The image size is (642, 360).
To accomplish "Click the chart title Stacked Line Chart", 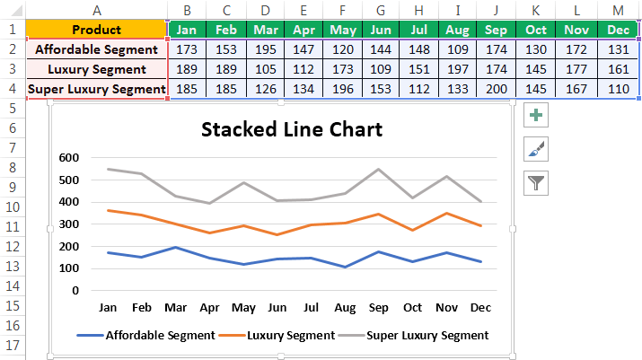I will tap(292, 129).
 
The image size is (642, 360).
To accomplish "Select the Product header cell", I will tap(97, 30).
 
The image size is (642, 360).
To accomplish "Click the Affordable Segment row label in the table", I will tap(97, 49).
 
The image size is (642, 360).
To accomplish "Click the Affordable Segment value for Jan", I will tap(187, 49).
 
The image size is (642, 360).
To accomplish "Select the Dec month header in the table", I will tap(615, 30).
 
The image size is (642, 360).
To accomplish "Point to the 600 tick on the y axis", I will tap(68, 158).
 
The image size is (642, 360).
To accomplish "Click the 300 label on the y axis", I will tap(68, 224).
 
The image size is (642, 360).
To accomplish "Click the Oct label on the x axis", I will tap(412, 306).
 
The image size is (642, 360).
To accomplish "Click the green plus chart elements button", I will tap(537, 116).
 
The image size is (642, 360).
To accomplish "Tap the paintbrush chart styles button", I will tap(537, 150).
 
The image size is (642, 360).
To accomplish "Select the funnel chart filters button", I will tap(537, 184).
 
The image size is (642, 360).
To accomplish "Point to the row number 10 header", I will tap(12, 206).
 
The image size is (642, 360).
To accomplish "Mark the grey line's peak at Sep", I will tap(379, 169).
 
